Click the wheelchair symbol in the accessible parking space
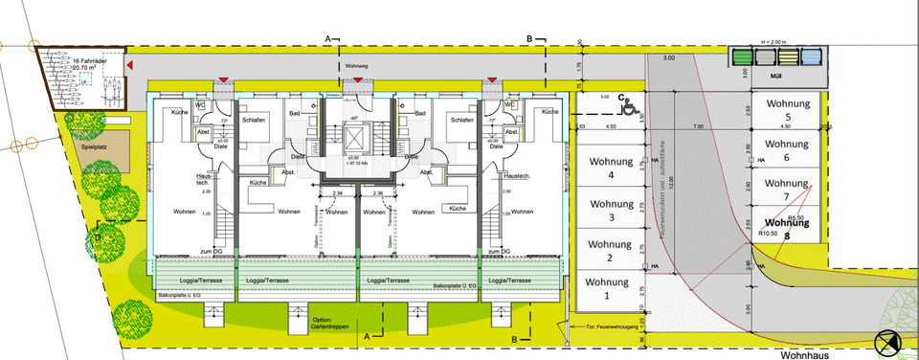tap(631, 109)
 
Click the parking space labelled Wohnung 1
tap(608, 291)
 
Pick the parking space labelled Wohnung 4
tap(608, 169)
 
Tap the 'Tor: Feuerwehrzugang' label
tap(616, 327)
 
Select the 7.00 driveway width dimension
tap(698, 126)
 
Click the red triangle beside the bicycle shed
tap(130, 64)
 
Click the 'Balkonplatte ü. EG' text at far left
tap(179, 297)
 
